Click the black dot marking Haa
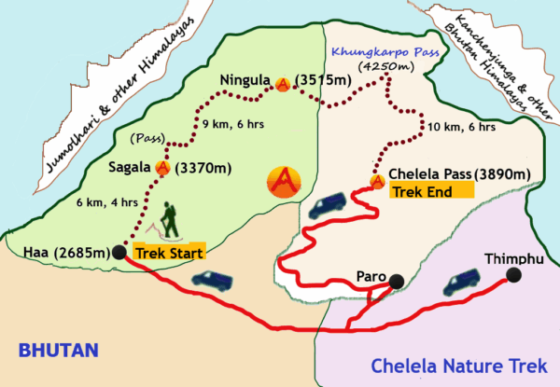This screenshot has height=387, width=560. click(119, 252)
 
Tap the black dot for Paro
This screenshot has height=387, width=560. click(397, 281)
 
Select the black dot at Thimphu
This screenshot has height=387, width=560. click(512, 274)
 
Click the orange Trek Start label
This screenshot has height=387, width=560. click(169, 252)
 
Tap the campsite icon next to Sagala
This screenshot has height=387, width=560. click(165, 169)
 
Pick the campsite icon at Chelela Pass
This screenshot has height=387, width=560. click(377, 181)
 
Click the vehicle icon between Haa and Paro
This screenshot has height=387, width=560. click(207, 278)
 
